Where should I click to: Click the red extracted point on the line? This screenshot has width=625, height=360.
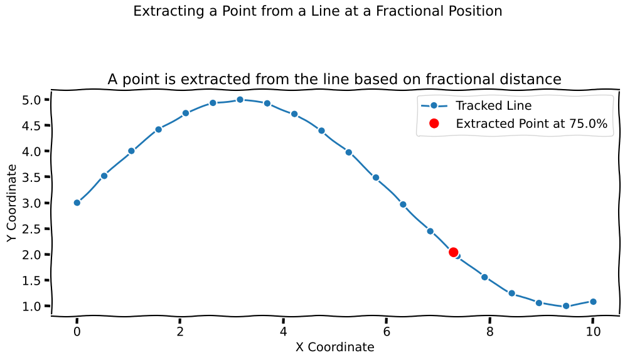click(453, 252)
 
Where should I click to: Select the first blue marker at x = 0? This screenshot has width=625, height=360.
click(77, 203)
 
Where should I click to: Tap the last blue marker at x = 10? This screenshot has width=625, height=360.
click(593, 302)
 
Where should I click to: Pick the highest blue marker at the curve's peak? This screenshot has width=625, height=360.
click(240, 100)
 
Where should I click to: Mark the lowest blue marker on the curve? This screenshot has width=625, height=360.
click(566, 306)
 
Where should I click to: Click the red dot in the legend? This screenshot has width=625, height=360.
click(434, 124)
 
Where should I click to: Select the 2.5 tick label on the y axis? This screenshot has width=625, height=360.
click(31, 228)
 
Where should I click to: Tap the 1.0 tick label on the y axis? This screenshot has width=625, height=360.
click(31, 306)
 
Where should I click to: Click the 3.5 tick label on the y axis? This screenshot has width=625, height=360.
click(31, 177)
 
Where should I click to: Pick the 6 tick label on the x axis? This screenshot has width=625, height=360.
click(387, 331)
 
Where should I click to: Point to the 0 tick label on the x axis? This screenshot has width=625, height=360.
click(77, 331)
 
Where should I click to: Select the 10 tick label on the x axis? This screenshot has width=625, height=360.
click(593, 331)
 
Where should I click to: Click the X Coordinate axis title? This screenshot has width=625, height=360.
click(335, 347)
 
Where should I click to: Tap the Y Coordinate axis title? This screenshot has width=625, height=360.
click(12, 203)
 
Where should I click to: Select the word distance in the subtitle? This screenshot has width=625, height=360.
click(533, 79)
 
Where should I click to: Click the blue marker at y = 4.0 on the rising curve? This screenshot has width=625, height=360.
click(132, 151)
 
